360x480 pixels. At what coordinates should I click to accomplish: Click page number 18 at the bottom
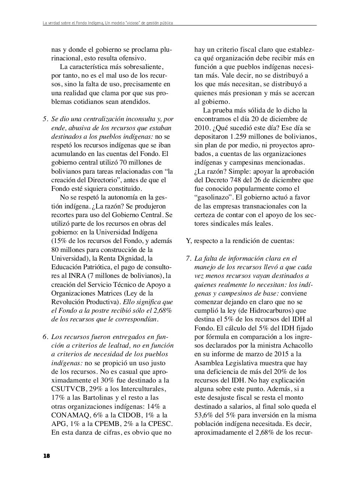(x=46, y=456)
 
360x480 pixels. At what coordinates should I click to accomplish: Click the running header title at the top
(x=108, y=23)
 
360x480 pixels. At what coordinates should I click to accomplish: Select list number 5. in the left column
(x=45, y=119)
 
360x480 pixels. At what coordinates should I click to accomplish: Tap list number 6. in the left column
(x=45, y=337)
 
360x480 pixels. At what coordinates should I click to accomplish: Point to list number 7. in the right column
(x=188, y=258)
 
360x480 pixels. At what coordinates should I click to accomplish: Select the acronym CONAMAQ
(x=69, y=415)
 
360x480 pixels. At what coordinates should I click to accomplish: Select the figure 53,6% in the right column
(x=205, y=415)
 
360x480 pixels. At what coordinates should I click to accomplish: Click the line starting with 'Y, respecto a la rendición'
(x=240, y=241)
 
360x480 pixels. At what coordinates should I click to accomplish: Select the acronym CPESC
(x=159, y=424)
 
